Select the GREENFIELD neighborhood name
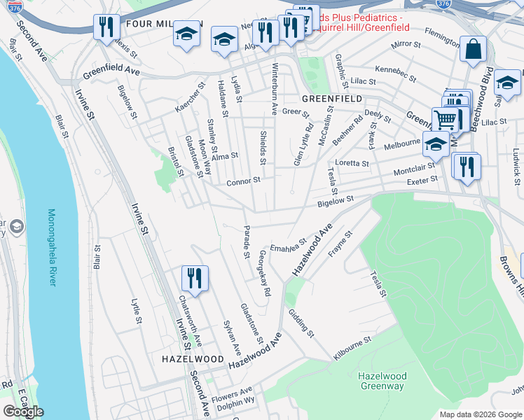point(332,99)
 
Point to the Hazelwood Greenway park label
point(381,381)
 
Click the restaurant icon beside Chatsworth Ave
point(195,278)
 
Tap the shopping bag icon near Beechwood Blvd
point(473,50)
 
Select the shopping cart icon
point(444,120)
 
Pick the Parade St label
point(247,241)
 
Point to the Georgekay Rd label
point(264,273)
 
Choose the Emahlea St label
point(289,247)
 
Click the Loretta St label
point(352,163)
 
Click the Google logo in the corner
point(23,412)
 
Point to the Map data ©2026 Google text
point(481,414)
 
